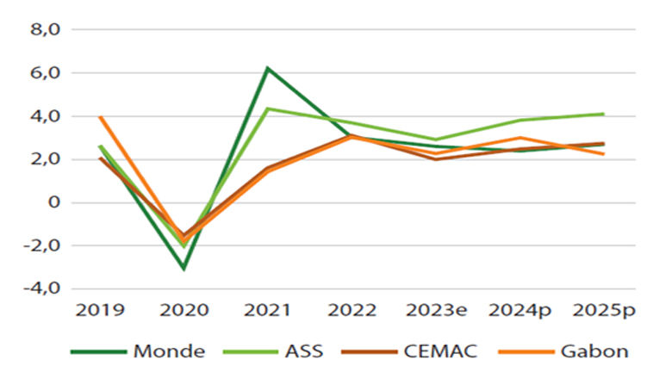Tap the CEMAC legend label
pyautogui.click(x=439, y=350)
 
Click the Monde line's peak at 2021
pyautogui.click(x=267, y=68)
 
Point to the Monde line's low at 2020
pyautogui.click(x=184, y=269)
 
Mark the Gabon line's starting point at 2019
pyautogui.click(x=100, y=117)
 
